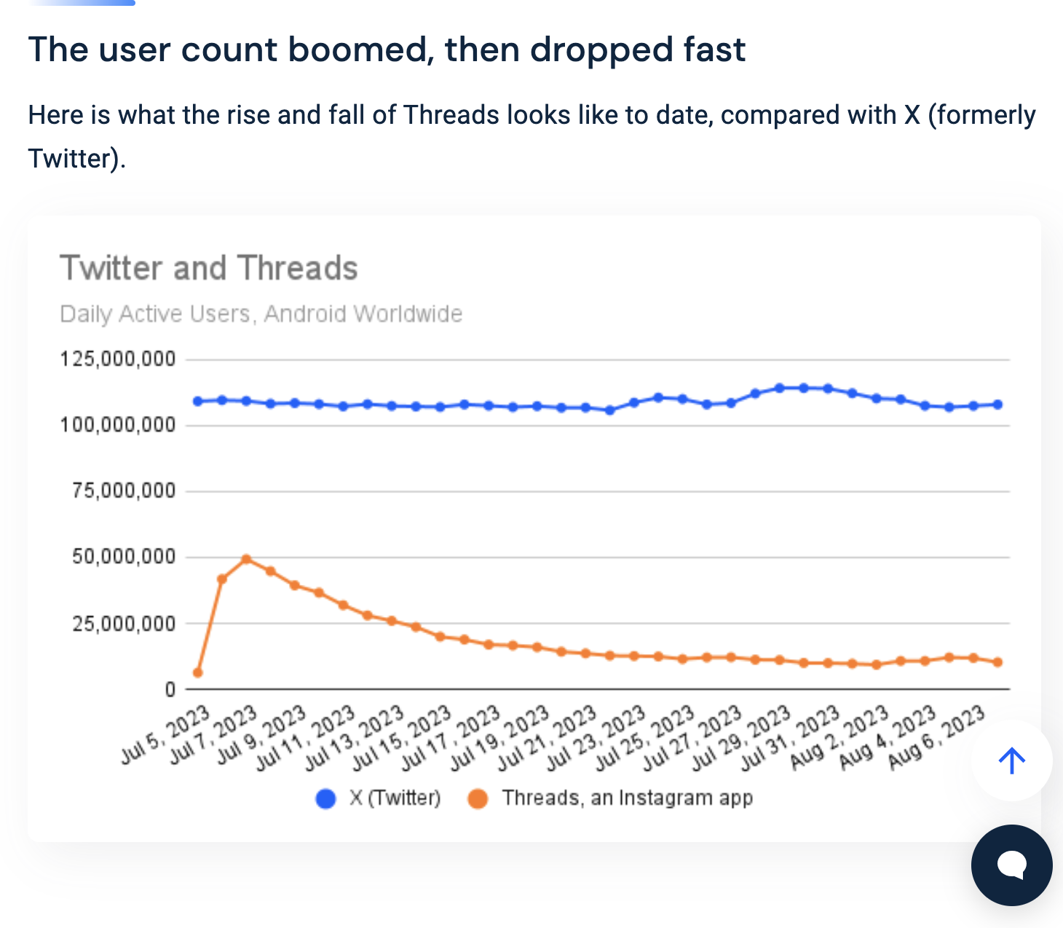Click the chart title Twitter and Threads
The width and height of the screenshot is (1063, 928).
pos(208,268)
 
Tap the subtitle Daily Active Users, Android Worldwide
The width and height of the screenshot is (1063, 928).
pos(261,314)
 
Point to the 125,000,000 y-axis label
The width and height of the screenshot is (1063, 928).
pos(118,359)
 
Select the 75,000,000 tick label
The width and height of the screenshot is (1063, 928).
pos(124,491)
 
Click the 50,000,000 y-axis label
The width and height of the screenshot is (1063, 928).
pos(124,557)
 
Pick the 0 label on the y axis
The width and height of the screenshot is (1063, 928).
pos(170,689)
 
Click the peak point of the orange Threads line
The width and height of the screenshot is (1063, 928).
pos(246,559)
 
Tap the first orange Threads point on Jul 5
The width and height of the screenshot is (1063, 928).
pos(197,672)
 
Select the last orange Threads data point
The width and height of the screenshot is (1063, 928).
pos(997,662)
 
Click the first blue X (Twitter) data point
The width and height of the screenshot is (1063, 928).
pos(197,401)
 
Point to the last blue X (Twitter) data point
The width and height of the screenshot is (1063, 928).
pos(997,404)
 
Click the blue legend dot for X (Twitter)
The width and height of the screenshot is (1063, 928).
pos(325,799)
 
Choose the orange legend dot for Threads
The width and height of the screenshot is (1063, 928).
pos(478,799)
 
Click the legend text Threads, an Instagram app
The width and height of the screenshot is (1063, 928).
pos(627,798)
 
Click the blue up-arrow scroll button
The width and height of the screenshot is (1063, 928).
pos(1011,761)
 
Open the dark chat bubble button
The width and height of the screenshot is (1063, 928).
pos(1011,865)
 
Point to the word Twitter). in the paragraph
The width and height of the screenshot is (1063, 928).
pos(76,158)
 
